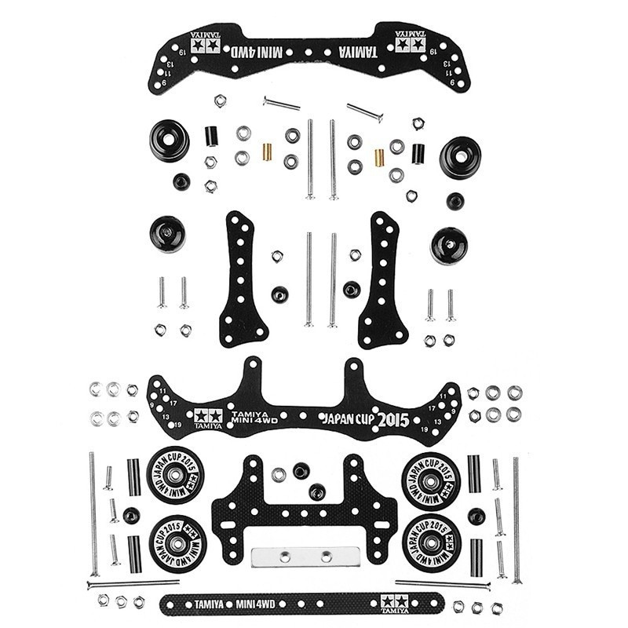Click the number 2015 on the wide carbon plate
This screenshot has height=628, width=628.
pos(392,420)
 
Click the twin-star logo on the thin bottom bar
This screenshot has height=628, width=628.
pos(393,603)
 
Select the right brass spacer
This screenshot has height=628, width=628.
pos(379,157)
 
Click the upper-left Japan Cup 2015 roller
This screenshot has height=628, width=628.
pos(175,476)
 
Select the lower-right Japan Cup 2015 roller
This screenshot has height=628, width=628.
pos(431,542)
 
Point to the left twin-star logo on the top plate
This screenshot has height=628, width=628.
pos(204,46)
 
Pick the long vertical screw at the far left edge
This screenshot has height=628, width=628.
pos(93,514)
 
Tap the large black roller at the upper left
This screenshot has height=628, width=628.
pos(169,138)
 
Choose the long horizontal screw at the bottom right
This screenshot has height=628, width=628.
pos(442,584)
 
